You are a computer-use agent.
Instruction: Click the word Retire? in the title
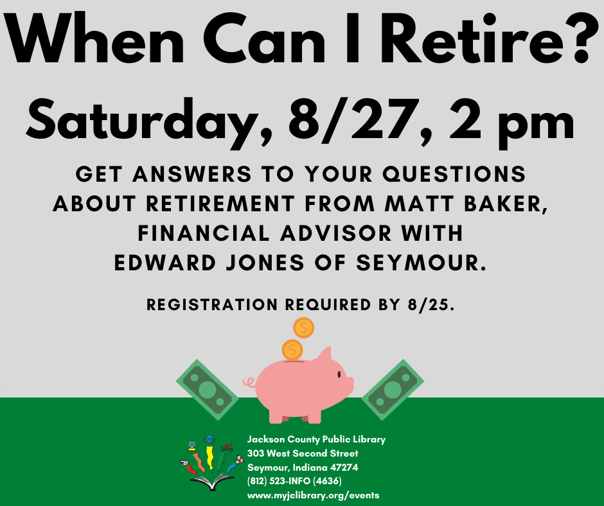coord(488,38)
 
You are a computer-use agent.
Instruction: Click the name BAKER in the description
coord(506,204)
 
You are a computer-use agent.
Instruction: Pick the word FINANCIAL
coord(204,233)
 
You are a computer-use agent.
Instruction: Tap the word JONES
coord(265,263)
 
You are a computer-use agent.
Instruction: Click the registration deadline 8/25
coord(431,304)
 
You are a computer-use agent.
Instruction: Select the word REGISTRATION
coord(212,304)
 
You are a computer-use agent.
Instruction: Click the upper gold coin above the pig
coord(303,328)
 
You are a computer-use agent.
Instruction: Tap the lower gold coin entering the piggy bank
coord(292,350)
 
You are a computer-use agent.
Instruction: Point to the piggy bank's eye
coord(339,374)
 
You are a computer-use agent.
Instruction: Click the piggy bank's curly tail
coord(249,382)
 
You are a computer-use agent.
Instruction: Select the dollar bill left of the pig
coord(208,390)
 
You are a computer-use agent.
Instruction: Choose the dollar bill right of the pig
coord(393,390)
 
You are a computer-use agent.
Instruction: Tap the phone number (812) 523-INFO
coord(294,481)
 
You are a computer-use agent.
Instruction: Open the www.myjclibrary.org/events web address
coord(313,495)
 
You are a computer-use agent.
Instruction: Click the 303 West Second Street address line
coord(303,453)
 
